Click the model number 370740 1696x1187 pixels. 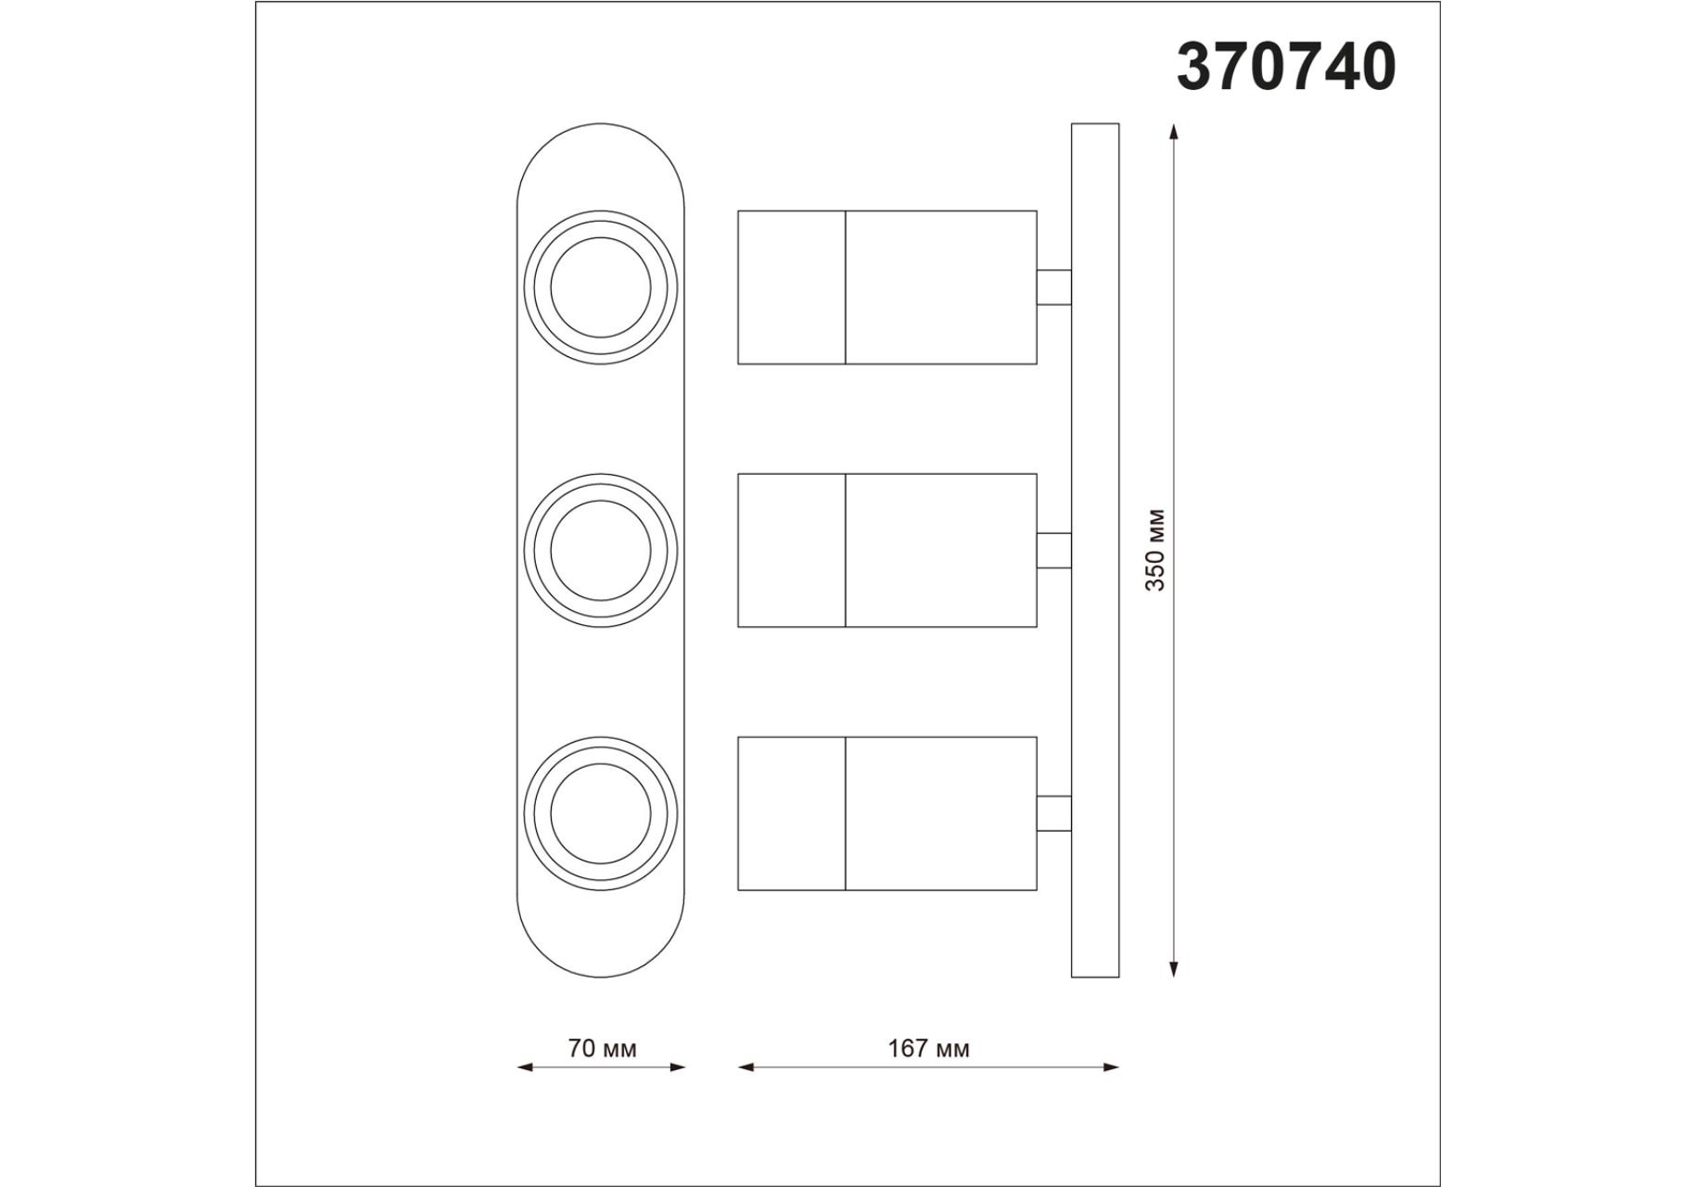click(1285, 68)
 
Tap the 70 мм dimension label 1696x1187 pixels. click(602, 1049)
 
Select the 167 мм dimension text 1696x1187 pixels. click(928, 1049)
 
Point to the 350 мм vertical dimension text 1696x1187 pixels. click(1154, 550)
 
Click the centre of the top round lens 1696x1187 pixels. click(601, 287)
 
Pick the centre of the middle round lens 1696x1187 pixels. click(601, 550)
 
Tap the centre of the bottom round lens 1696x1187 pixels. click(601, 813)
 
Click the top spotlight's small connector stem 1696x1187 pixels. click(1053, 287)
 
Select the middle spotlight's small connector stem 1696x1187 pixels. click(1053, 550)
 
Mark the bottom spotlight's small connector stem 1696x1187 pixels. click(1053, 813)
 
